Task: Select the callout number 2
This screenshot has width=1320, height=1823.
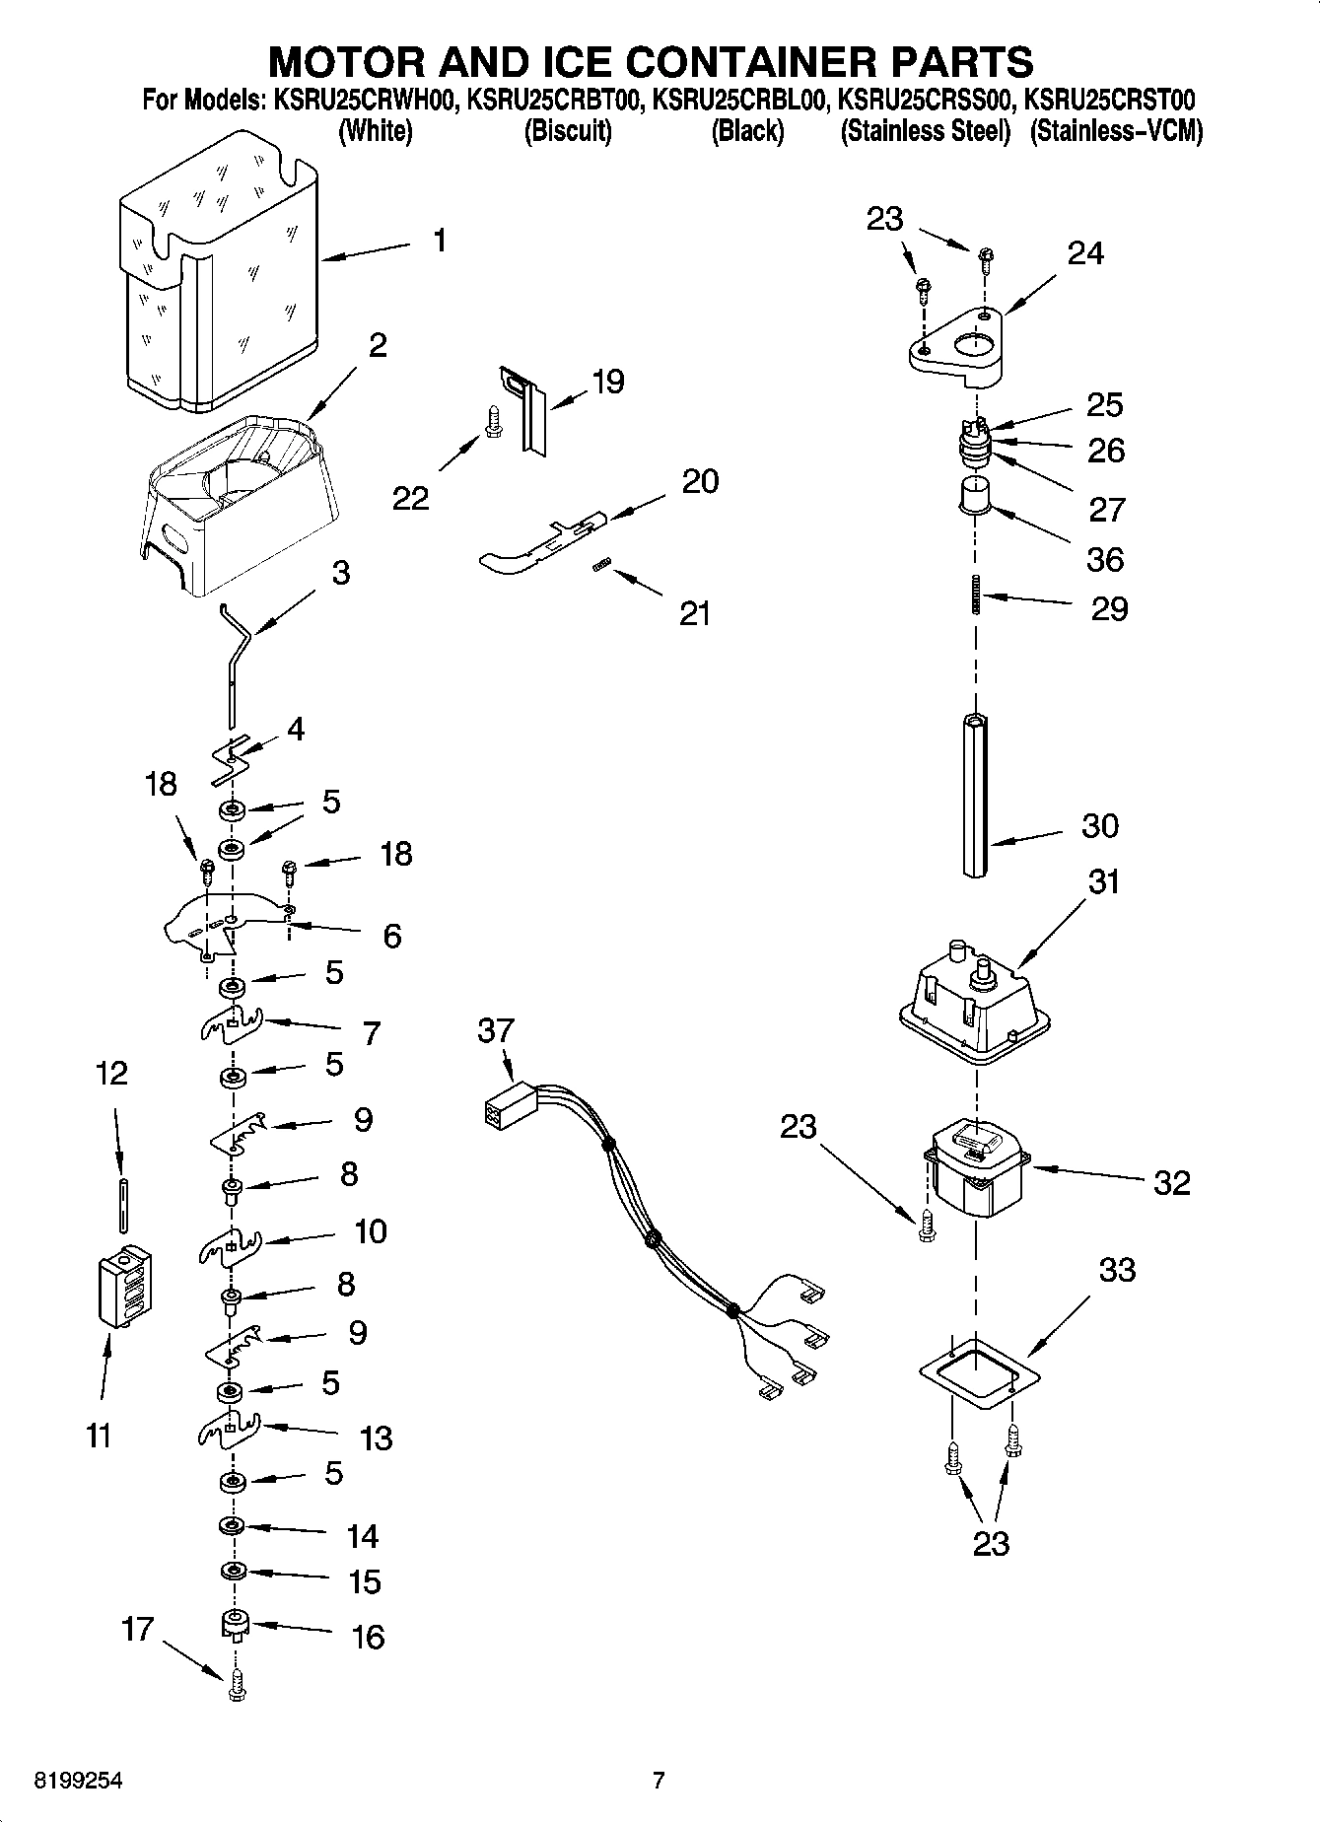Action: [x=378, y=345]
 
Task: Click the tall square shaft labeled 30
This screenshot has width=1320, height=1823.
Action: [x=976, y=794]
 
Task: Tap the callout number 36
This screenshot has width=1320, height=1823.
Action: [x=1104, y=559]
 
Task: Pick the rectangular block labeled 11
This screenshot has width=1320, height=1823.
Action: [x=125, y=1288]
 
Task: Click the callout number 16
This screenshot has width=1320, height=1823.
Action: [x=368, y=1637]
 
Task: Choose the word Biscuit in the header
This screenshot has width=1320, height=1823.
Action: [x=567, y=132]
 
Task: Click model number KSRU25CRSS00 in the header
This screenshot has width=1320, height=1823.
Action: [x=923, y=101]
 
